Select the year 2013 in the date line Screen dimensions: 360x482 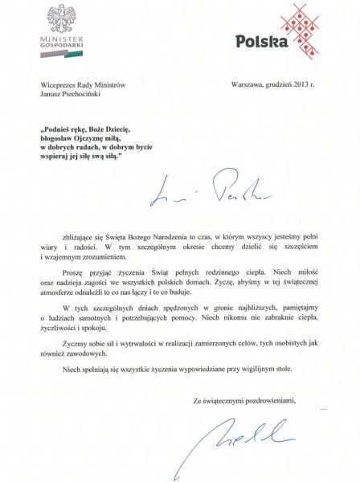[301, 84]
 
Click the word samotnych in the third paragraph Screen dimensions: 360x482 [106, 319]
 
